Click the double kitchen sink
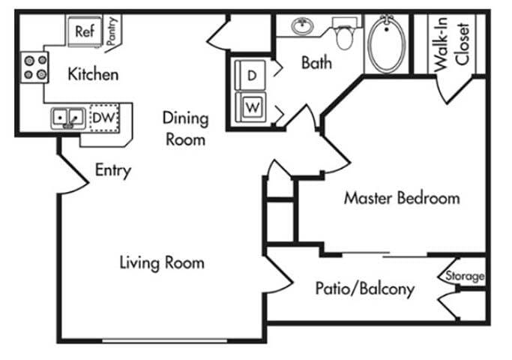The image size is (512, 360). tap(67, 118)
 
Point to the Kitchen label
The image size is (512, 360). tap(93, 74)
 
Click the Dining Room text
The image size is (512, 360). tap(185, 128)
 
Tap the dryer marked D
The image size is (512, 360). tap(252, 75)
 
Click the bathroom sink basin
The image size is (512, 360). tap(304, 27)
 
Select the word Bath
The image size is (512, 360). tap(316, 63)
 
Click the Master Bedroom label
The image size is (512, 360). tap(401, 199)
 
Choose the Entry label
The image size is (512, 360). tap(112, 170)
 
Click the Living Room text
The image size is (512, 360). tap(162, 262)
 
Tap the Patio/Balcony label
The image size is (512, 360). tap(364, 289)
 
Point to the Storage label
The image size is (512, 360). tap(465, 276)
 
